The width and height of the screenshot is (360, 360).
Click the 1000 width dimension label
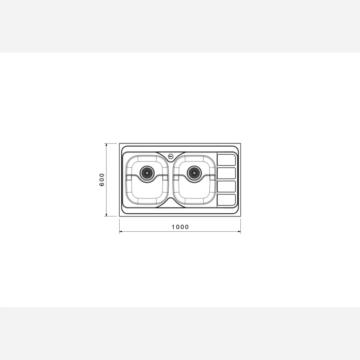point(180,227)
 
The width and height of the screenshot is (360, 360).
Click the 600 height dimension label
point(102,180)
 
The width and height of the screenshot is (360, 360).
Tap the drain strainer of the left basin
point(147,173)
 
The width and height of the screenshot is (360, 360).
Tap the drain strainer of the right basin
point(194,173)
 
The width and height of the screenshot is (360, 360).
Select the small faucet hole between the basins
point(171,157)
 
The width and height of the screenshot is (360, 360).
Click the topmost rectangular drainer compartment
point(226,160)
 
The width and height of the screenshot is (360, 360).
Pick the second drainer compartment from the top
point(226,173)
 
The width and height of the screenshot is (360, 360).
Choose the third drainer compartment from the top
point(226,186)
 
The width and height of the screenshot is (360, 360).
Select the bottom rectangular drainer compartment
point(226,200)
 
